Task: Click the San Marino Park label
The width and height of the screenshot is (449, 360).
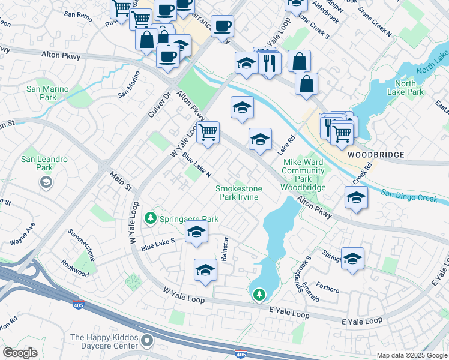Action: pyautogui.click(x=47, y=93)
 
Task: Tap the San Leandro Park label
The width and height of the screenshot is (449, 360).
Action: pyautogui.click(x=37, y=163)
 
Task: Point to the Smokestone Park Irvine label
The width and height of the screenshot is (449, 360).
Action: pyautogui.click(x=239, y=193)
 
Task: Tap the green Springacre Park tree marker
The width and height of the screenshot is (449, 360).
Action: pyautogui.click(x=152, y=218)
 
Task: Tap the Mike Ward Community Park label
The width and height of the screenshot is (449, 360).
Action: pyautogui.click(x=303, y=175)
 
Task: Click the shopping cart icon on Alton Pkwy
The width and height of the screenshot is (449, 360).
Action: pyautogui.click(x=208, y=131)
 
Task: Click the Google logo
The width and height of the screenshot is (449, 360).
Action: pyautogui.click(x=20, y=353)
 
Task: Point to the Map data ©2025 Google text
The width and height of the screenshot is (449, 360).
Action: pyautogui.click(x=411, y=355)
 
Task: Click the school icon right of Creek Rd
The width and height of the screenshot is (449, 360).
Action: pyautogui.click(x=357, y=197)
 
